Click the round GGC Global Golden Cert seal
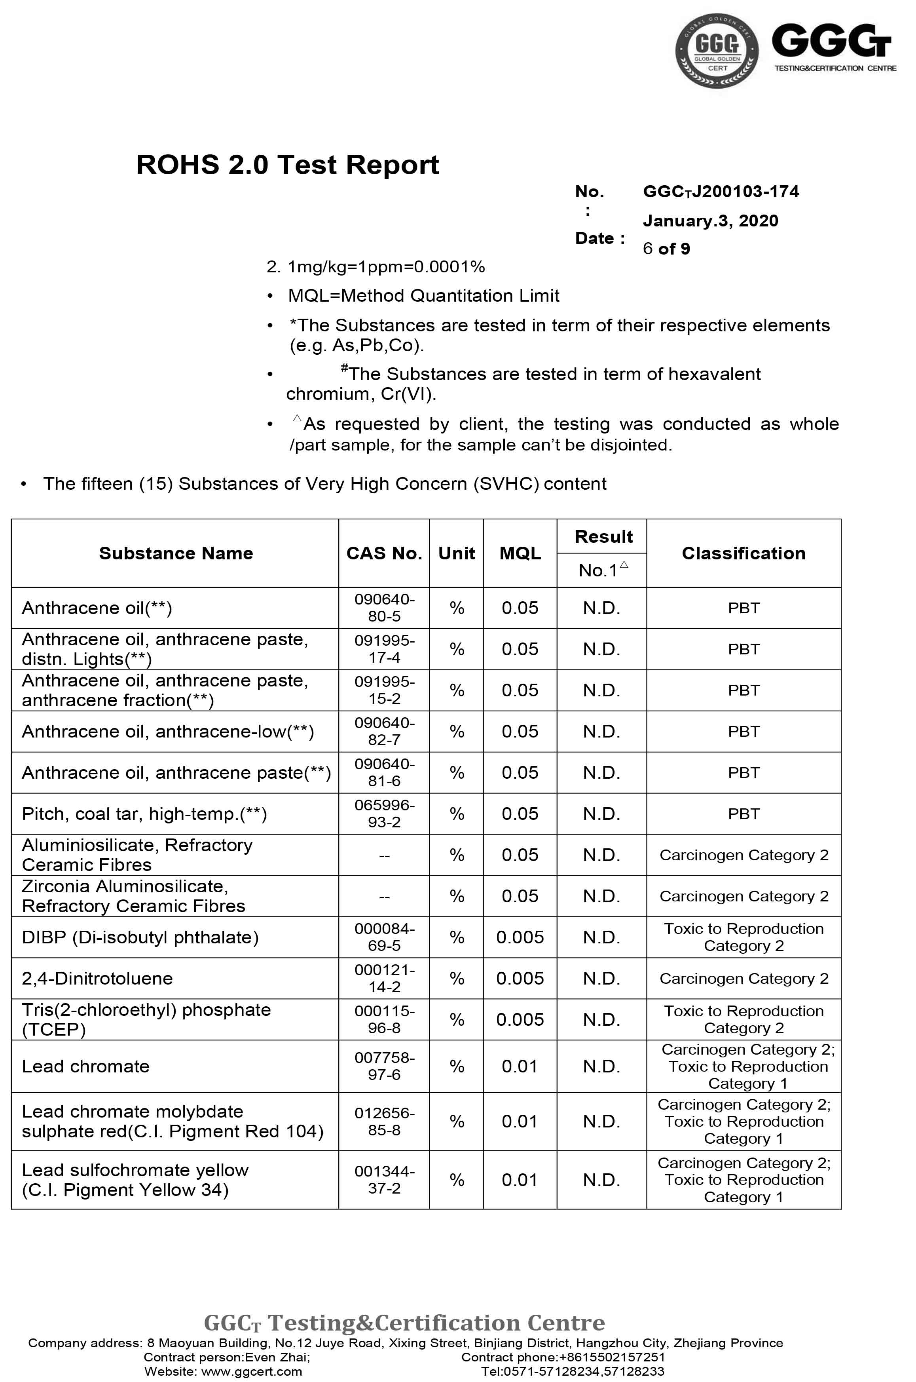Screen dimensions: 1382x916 click(x=717, y=51)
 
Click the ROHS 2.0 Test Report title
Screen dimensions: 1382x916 click(x=287, y=165)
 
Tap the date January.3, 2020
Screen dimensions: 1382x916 click(x=710, y=221)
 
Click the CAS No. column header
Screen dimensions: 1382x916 click(x=384, y=553)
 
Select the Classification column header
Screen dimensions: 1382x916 click(x=743, y=553)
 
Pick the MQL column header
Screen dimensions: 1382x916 click(x=520, y=553)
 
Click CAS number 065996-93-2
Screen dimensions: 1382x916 click(x=384, y=814)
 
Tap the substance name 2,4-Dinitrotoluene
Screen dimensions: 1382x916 click(x=97, y=978)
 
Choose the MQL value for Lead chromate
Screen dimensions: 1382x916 click(x=520, y=1066)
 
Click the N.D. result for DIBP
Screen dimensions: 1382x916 click(x=601, y=937)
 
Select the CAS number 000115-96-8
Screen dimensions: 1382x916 click(x=384, y=1020)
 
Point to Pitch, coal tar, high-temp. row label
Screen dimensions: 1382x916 click(x=144, y=814)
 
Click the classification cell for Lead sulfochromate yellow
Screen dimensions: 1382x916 click(x=743, y=1180)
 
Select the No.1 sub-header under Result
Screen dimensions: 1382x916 click(x=601, y=570)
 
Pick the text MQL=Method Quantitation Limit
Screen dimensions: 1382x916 click(x=423, y=296)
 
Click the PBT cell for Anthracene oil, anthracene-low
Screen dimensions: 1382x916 click(x=743, y=732)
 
